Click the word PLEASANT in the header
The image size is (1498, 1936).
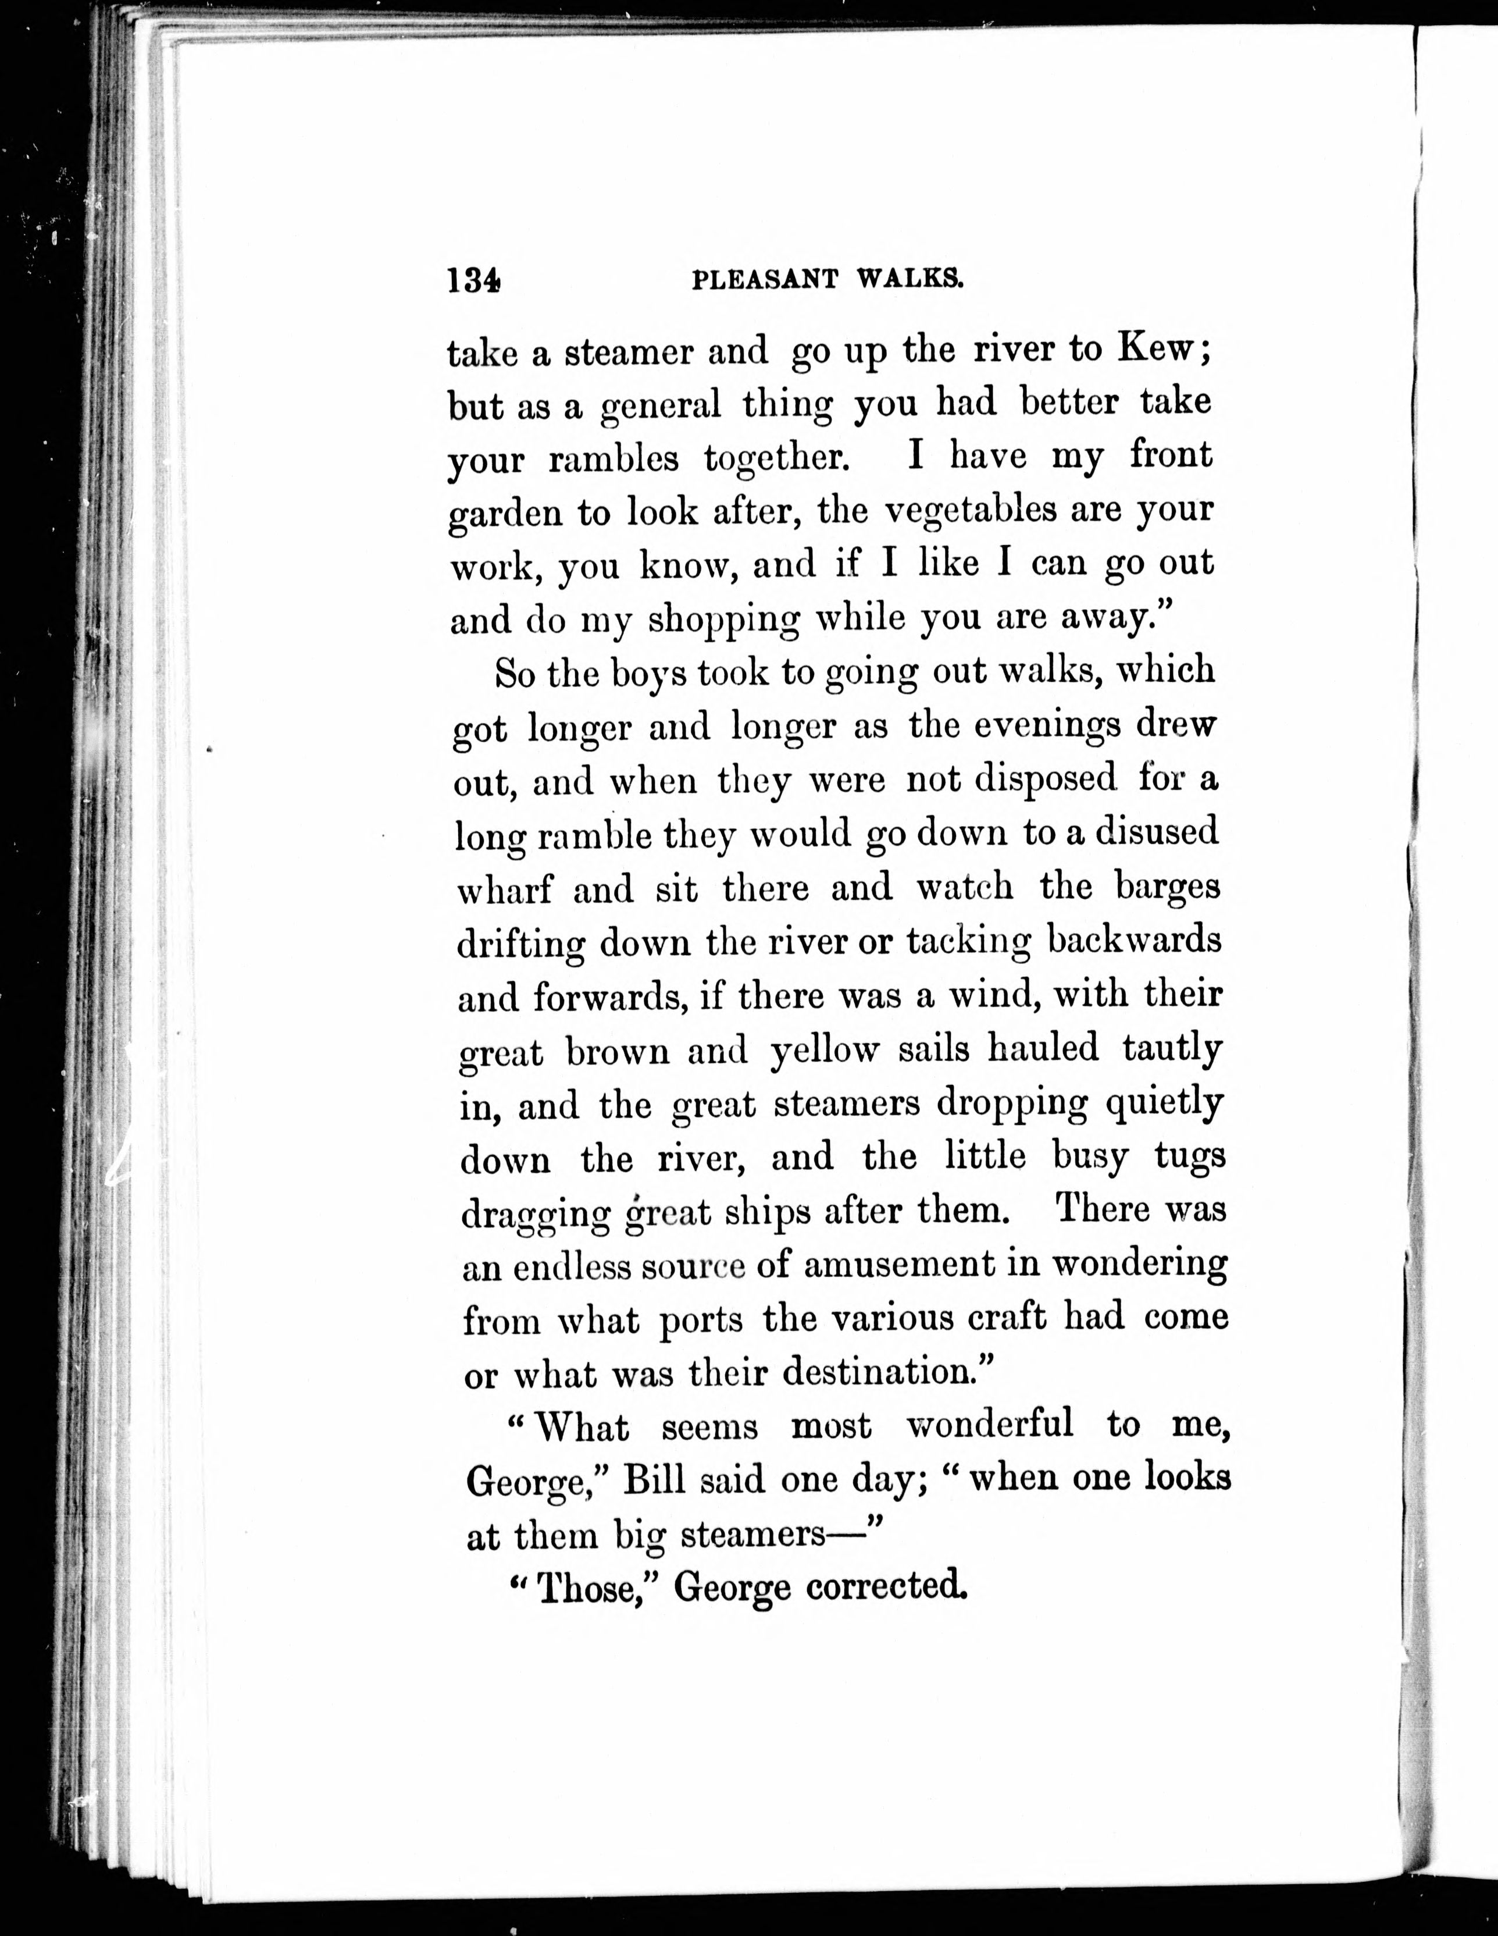tap(764, 280)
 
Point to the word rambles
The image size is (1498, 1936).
tap(614, 458)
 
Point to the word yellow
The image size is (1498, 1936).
tap(825, 1051)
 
